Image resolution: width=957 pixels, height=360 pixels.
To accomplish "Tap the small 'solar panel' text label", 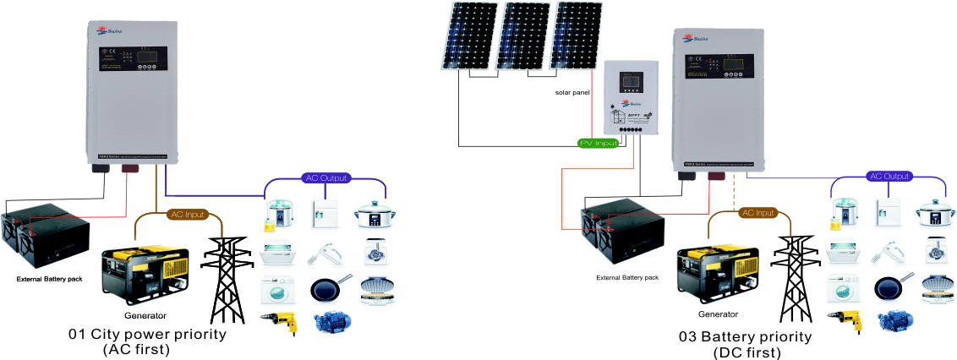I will point(572,92).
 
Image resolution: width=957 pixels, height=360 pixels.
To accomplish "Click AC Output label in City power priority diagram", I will point(325,178).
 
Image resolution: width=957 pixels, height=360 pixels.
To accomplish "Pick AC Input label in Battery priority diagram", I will point(757,213).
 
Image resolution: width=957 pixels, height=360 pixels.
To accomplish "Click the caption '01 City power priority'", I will point(147,334).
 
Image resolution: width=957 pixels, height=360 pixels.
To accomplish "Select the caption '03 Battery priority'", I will point(745,336).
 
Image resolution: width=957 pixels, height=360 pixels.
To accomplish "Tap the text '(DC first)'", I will point(745,352).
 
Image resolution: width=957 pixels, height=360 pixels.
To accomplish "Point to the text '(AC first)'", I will point(136,349).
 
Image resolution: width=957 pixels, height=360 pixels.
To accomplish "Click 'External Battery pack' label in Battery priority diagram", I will point(626,277).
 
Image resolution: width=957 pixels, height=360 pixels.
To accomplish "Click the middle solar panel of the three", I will point(522,35).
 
